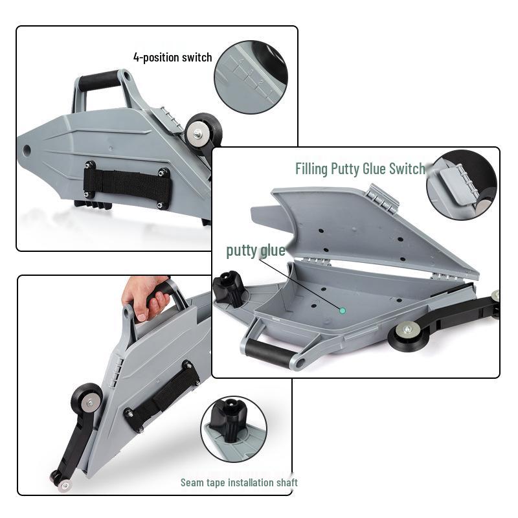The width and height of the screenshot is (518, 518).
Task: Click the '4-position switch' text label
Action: (172, 58)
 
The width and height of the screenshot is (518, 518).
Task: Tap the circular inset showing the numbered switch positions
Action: (251, 77)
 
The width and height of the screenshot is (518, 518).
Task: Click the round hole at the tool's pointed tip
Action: (27, 150)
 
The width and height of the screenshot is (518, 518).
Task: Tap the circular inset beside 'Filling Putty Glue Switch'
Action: (461, 185)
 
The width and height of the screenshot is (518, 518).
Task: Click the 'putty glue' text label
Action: (255, 251)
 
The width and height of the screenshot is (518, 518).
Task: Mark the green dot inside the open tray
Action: (343, 310)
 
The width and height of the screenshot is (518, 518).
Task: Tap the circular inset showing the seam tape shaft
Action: (233, 429)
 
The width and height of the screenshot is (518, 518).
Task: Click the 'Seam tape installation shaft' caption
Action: (238, 482)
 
